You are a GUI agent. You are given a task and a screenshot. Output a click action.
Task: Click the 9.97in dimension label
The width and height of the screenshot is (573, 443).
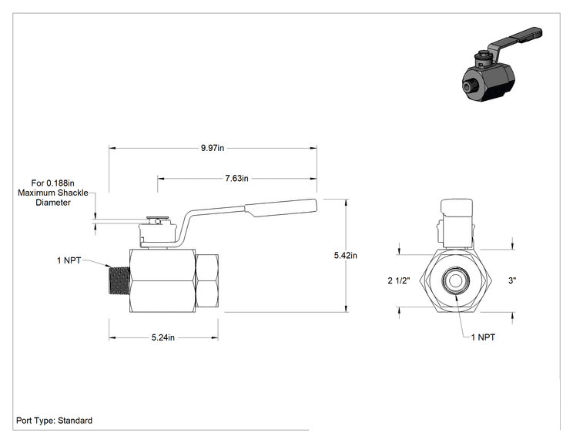click(x=213, y=148)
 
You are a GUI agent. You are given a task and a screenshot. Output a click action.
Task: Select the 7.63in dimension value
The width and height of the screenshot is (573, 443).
click(x=236, y=179)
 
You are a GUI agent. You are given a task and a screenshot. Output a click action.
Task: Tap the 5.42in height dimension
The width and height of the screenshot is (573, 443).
click(x=345, y=256)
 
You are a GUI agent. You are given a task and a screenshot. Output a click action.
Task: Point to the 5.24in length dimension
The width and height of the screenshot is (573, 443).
click(x=163, y=337)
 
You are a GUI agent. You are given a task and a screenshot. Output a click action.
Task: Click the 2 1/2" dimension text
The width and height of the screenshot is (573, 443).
click(x=399, y=280)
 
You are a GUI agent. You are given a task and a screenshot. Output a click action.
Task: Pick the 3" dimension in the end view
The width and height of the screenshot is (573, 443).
click(x=512, y=280)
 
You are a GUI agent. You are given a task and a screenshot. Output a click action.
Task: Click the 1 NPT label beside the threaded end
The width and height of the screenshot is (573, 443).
click(x=69, y=260)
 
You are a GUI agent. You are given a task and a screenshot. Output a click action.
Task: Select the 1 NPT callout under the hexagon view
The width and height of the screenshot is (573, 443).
click(x=483, y=337)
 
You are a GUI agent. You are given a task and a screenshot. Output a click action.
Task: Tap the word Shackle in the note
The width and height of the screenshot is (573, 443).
click(x=73, y=193)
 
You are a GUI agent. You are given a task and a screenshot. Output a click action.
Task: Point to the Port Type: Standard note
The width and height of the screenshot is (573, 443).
click(x=54, y=421)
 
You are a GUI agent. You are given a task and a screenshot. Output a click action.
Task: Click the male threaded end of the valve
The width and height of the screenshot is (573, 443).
click(x=119, y=280)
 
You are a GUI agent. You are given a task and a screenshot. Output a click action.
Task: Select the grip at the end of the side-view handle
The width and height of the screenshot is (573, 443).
click(x=280, y=207)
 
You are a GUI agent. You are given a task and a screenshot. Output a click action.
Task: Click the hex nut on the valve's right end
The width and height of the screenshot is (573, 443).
click(x=207, y=280)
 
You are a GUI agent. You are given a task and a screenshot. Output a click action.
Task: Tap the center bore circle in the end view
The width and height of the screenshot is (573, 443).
click(x=455, y=280)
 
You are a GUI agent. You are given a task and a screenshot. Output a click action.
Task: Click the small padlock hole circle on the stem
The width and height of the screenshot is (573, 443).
click(x=157, y=221)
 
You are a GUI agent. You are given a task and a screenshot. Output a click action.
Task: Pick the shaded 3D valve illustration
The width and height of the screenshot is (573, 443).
click(x=501, y=65)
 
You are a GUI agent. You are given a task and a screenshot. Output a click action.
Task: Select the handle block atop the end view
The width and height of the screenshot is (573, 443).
click(x=457, y=207)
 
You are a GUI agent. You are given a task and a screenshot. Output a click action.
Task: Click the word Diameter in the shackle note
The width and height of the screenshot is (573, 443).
click(x=53, y=203)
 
